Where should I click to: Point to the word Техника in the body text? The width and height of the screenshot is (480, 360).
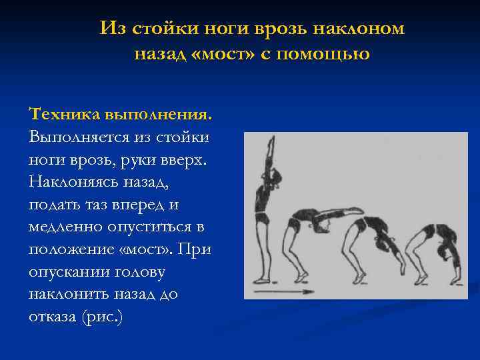[x=65, y=115]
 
